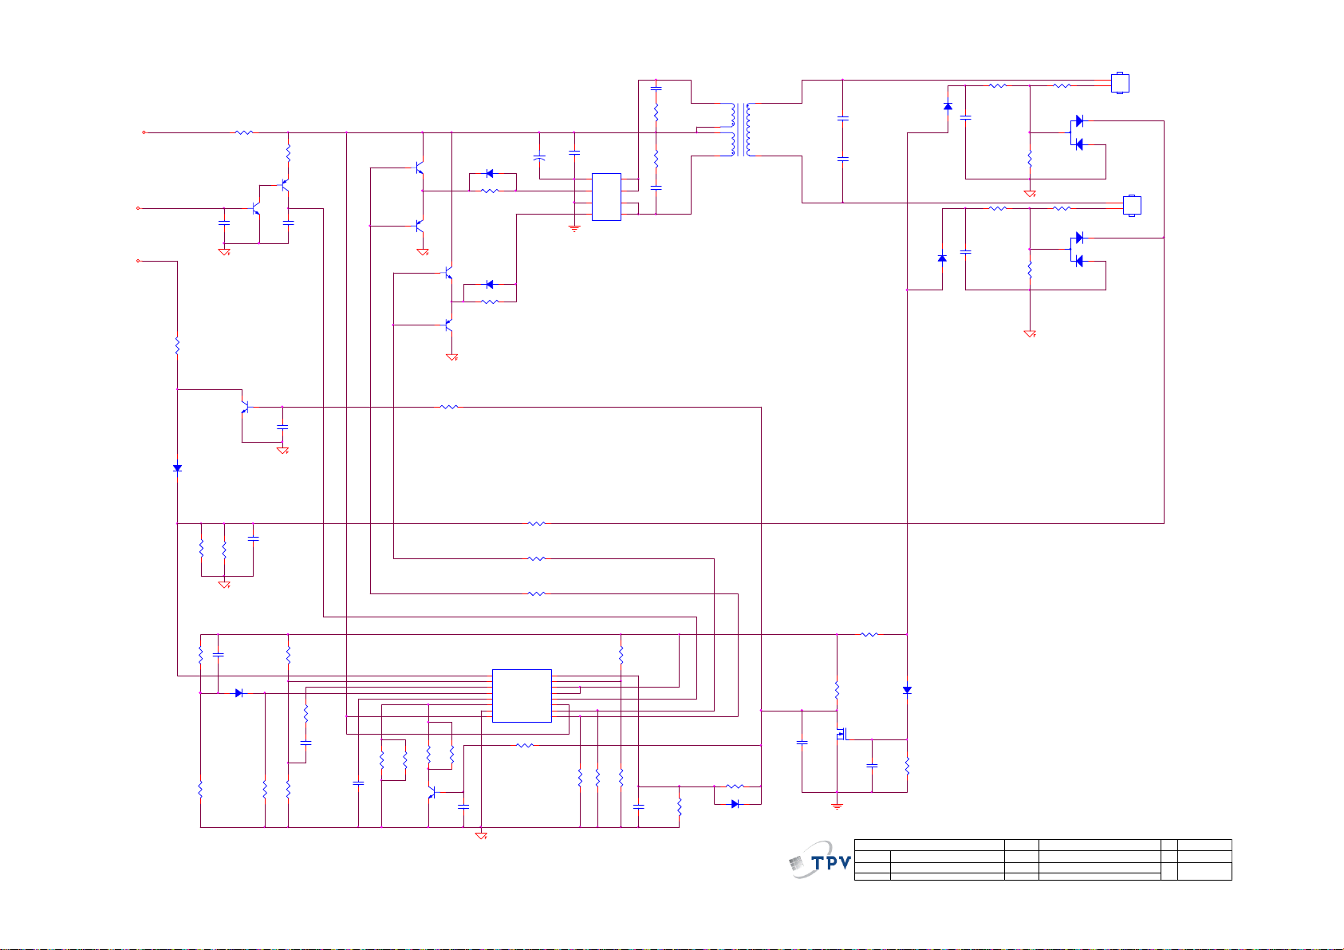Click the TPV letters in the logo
(x=831, y=863)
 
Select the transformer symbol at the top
(x=741, y=130)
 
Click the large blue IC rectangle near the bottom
(x=522, y=696)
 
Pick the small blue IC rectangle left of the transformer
(x=606, y=197)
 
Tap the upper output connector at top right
(x=1120, y=83)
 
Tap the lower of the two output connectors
(x=1132, y=205)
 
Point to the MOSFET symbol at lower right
(x=841, y=733)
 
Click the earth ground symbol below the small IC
(x=574, y=228)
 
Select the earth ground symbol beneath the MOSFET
(x=837, y=806)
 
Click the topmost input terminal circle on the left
(x=144, y=132)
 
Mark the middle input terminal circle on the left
(x=138, y=208)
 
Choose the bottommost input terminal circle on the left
(x=138, y=261)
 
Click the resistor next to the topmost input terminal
(x=243, y=132)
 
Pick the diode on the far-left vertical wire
(x=177, y=467)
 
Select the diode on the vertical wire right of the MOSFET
(x=907, y=690)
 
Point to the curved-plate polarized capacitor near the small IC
(x=539, y=158)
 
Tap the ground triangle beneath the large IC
(x=481, y=835)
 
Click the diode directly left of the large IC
(x=238, y=692)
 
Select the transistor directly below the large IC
(x=432, y=793)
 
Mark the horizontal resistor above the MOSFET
(x=869, y=634)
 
